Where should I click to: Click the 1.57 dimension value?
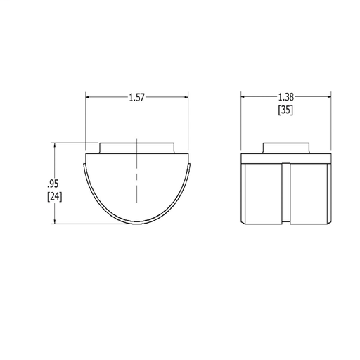(x=137, y=98)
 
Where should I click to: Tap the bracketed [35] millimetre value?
(x=285, y=110)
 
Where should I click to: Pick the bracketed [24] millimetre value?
(x=53, y=197)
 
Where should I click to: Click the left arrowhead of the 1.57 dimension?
(x=88, y=98)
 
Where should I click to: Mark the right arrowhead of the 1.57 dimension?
(x=187, y=98)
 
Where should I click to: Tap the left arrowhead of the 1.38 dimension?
(x=243, y=98)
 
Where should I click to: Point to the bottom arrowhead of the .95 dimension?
(x=53, y=221)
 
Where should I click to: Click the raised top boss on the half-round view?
(x=137, y=148)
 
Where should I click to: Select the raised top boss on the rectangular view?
(x=285, y=148)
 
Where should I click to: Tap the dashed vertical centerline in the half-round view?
(x=137, y=190)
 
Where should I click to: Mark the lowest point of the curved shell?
(x=137, y=225)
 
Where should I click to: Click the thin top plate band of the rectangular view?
(x=285, y=159)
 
